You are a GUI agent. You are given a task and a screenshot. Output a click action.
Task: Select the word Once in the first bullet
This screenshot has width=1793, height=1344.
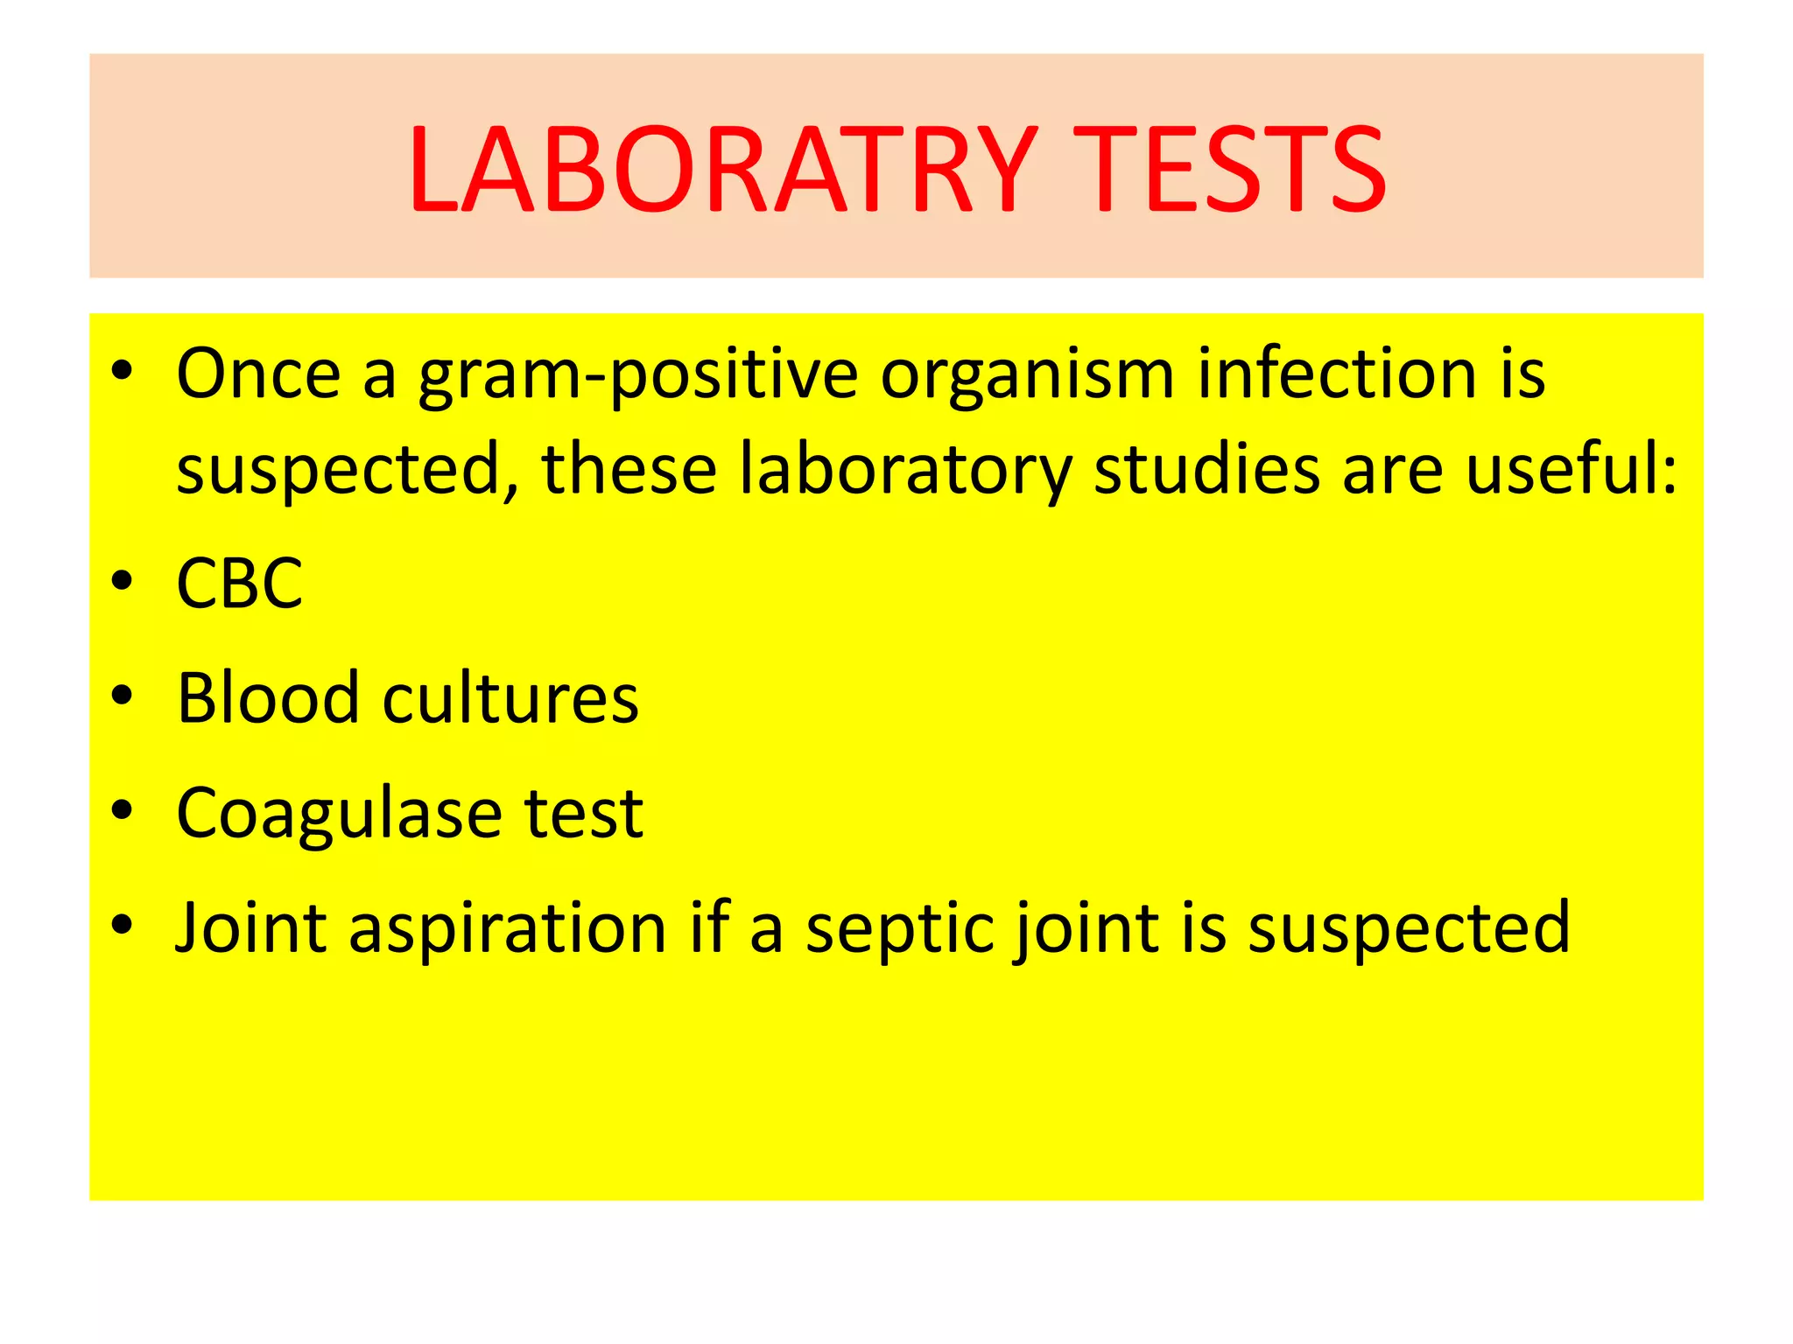[258, 374]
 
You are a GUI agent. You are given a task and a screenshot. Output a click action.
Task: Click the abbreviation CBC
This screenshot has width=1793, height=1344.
[239, 584]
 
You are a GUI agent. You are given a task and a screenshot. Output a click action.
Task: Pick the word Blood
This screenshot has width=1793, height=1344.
[268, 698]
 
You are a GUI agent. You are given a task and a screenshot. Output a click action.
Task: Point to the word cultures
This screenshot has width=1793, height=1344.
[510, 698]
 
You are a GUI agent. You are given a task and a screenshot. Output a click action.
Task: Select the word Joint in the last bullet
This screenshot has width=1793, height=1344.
[251, 927]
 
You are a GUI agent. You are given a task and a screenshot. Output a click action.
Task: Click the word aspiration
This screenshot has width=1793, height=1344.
[508, 929]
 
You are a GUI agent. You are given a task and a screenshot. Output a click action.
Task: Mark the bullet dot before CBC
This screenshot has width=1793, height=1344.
[123, 580]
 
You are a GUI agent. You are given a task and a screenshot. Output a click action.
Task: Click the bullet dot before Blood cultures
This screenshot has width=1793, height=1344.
[123, 695]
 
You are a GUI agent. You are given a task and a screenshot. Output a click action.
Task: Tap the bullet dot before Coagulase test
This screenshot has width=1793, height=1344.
[123, 810]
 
